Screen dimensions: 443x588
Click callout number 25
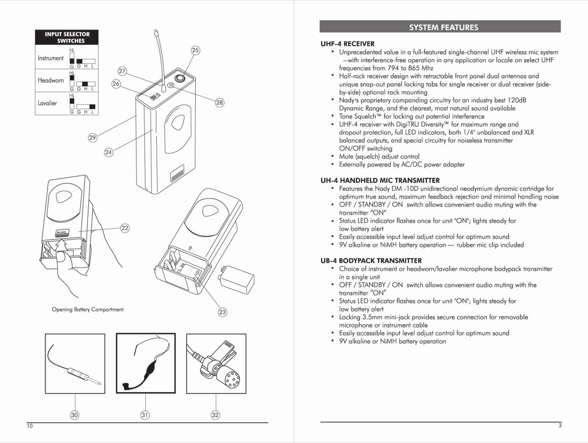tap(195, 50)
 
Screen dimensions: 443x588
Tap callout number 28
tap(220, 103)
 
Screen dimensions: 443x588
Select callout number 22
tap(125, 228)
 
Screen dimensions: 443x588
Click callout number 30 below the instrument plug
tap(75, 415)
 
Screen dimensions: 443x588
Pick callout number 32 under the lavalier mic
tap(215, 415)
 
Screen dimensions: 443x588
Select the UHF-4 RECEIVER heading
tap(347, 44)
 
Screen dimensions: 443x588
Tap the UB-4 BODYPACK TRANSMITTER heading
tap(371, 261)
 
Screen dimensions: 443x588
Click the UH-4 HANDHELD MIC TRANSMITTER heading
tap(380, 180)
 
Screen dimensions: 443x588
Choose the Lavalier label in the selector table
tap(47, 103)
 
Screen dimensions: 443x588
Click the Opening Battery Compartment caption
tap(87, 309)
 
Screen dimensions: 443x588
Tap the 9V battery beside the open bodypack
tap(237, 280)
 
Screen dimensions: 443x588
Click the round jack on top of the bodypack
tap(180, 78)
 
